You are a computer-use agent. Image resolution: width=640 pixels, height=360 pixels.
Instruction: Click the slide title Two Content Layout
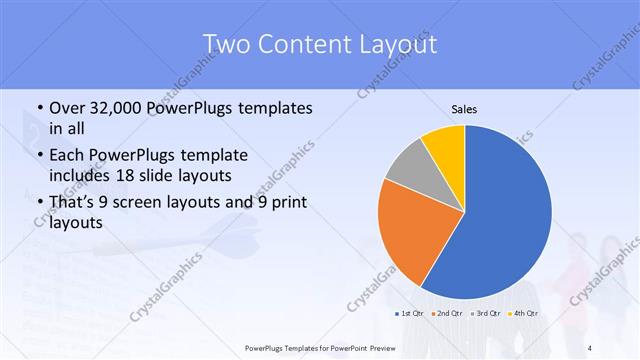tap(320, 44)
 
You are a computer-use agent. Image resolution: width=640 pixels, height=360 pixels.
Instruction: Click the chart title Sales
tap(464, 108)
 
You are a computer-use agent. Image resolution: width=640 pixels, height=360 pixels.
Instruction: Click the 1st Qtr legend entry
tap(411, 314)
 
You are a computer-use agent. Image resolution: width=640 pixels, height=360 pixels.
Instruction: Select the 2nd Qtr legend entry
tap(448, 314)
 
